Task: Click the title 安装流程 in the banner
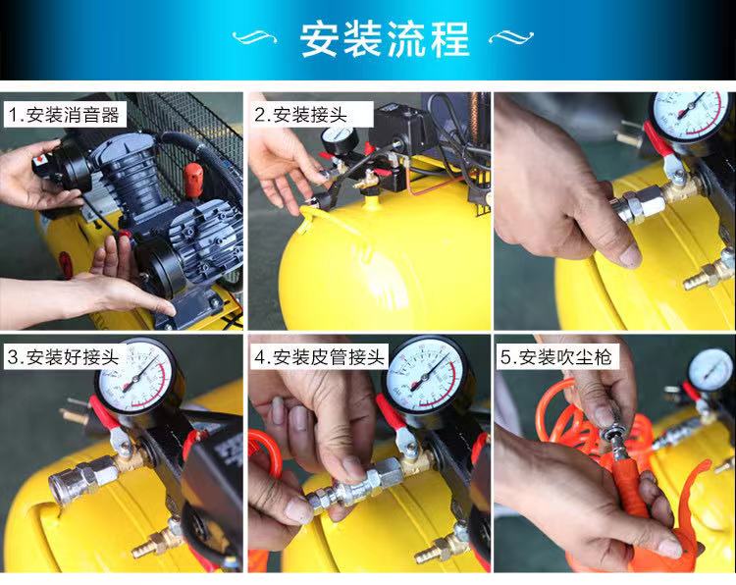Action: [385, 39]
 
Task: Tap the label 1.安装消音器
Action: [65, 115]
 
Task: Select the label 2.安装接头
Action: [300, 115]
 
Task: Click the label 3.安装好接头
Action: [64, 357]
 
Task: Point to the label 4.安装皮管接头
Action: [319, 357]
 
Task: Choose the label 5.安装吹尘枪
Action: [556, 357]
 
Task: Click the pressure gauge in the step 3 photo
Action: [136, 376]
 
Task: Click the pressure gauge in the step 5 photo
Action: [710, 370]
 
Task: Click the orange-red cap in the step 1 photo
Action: [193, 179]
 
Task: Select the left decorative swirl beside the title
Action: [254, 36]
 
